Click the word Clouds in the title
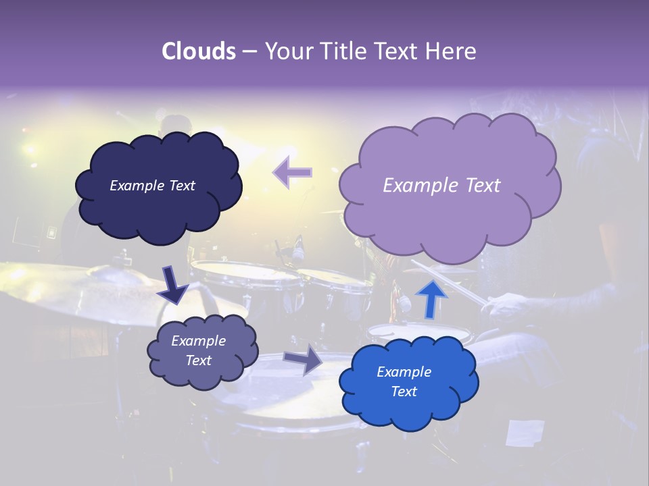coord(199,51)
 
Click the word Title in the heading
coord(345,51)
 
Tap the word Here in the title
coord(452,51)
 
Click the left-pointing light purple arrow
coord(292,173)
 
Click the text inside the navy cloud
coord(152,186)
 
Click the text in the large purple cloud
coord(441,186)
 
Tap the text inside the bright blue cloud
coord(404,381)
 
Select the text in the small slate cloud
coord(198,350)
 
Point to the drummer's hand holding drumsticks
coord(504,308)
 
